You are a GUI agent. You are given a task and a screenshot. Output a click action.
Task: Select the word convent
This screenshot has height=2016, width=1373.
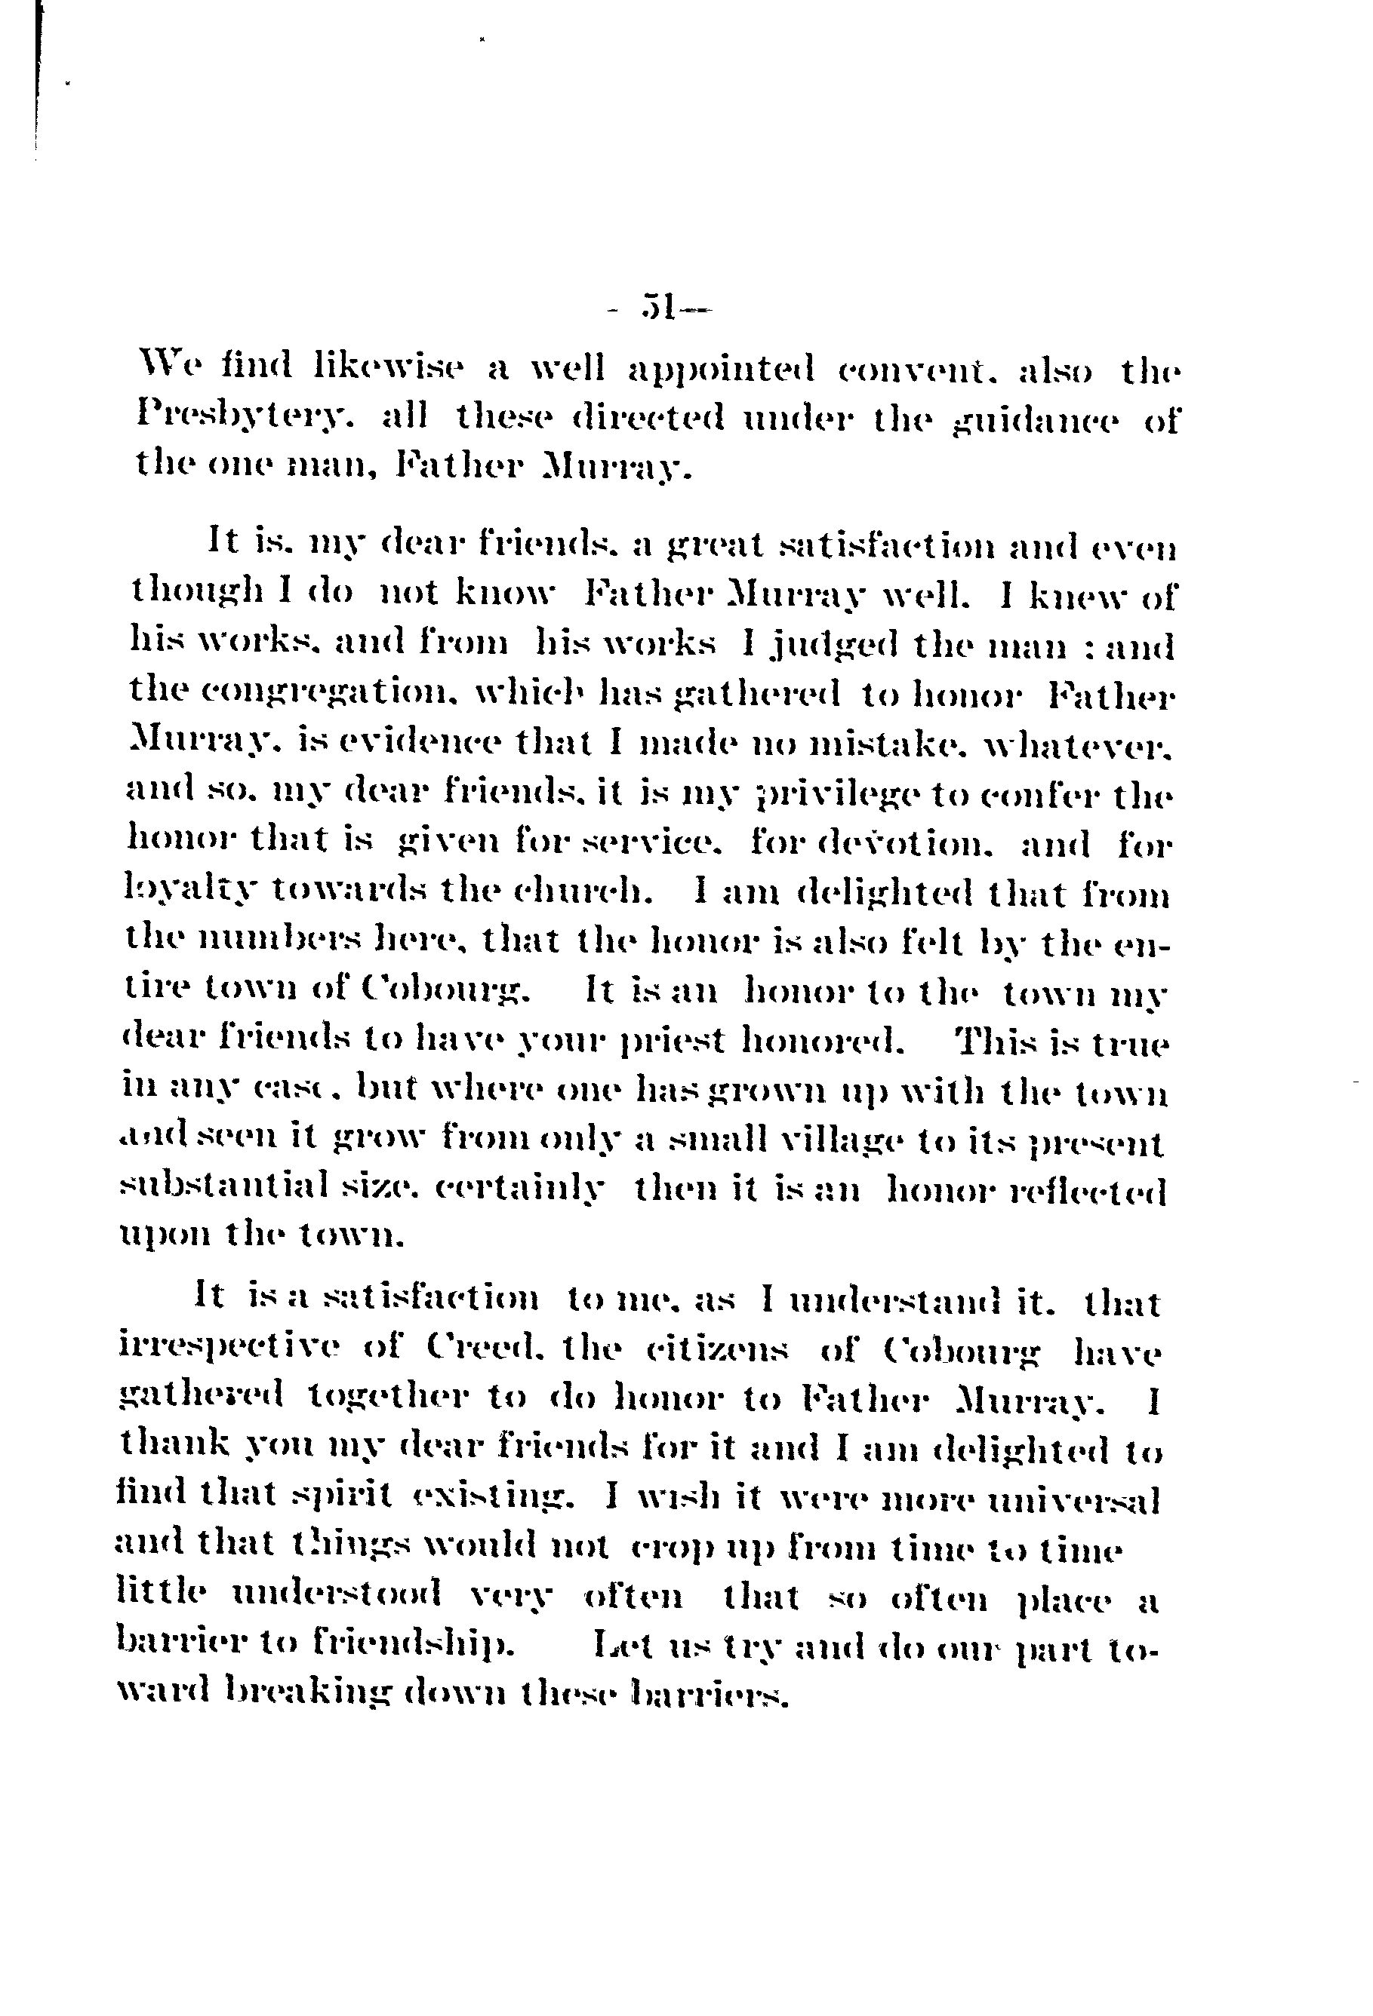[915, 371]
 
